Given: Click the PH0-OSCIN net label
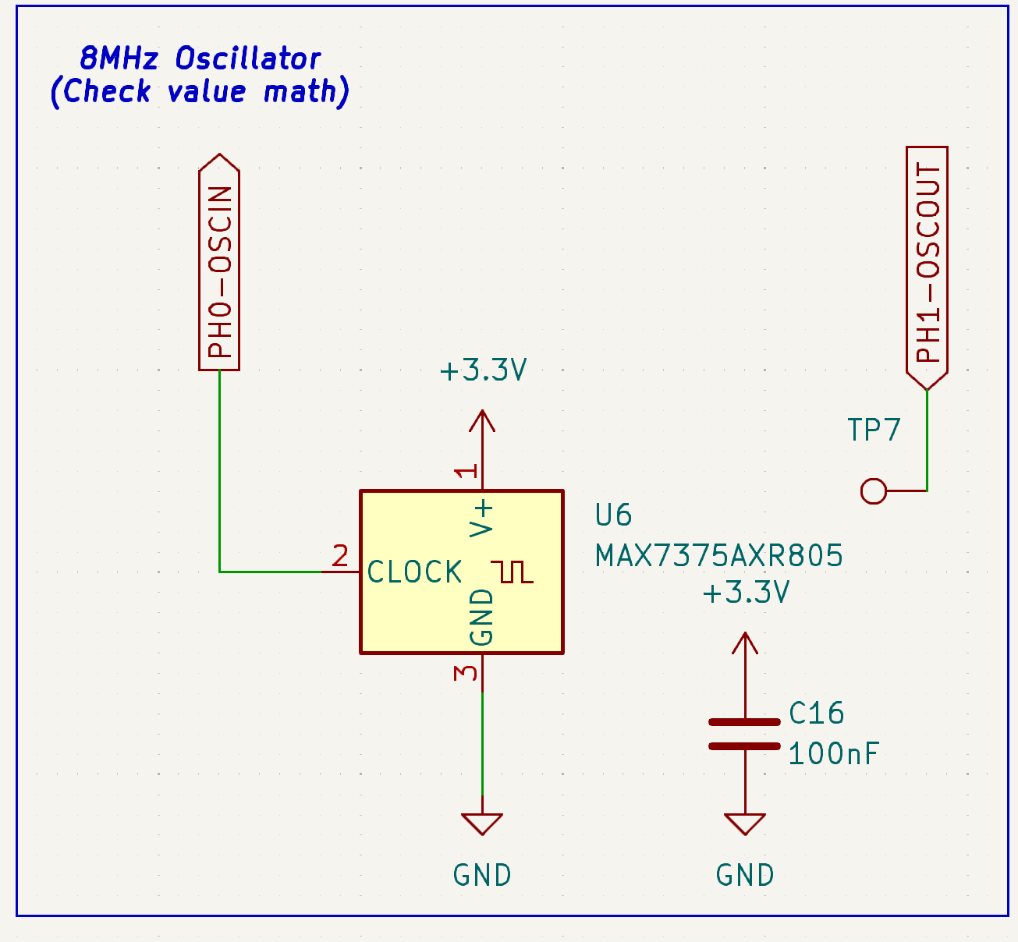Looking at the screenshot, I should (219, 265).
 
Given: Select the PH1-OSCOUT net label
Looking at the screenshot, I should (927, 265).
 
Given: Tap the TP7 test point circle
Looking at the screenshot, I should (874, 491).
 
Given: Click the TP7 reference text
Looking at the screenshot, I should (874, 430).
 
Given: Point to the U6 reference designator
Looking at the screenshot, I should (613, 515).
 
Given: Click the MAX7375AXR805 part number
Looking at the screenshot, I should (718, 556).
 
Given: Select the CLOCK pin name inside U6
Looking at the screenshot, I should (415, 572).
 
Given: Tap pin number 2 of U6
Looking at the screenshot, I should (340, 556).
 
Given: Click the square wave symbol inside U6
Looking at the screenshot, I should (513, 572).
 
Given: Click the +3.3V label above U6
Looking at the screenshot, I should (483, 370).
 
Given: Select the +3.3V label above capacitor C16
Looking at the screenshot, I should (746, 593).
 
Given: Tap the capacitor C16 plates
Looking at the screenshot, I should (745, 735).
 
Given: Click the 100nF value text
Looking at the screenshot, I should (833, 754).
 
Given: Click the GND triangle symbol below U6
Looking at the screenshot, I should (482, 823).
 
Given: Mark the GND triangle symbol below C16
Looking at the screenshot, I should (745, 823).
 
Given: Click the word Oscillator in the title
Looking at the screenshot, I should (248, 58).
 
